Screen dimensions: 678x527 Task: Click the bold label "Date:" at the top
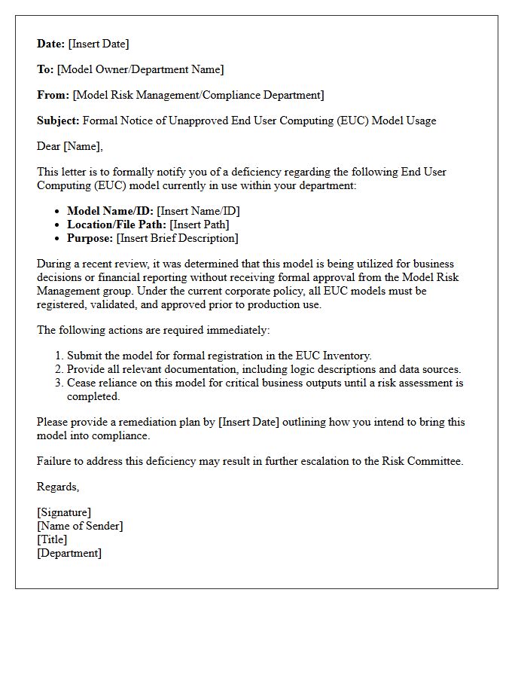coord(51,44)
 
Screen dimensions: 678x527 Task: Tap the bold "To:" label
coord(45,69)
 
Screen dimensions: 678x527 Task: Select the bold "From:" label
coord(53,95)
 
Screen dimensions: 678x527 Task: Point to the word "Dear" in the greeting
coord(49,146)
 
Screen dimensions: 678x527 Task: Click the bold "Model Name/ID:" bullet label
coord(110,211)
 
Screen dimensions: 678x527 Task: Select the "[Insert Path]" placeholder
coord(200,224)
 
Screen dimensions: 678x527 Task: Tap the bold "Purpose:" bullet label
coord(90,238)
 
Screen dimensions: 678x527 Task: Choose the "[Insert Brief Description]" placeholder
coord(178,238)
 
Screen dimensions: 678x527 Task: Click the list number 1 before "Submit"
coord(59,356)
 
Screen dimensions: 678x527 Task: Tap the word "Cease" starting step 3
coord(82,383)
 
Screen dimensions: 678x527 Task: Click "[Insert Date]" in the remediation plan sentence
coord(248,422)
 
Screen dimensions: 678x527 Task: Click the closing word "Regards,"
coord(58,487)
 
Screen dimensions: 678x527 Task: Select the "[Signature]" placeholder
coord(64,512)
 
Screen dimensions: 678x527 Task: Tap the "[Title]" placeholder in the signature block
coord(52,539)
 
